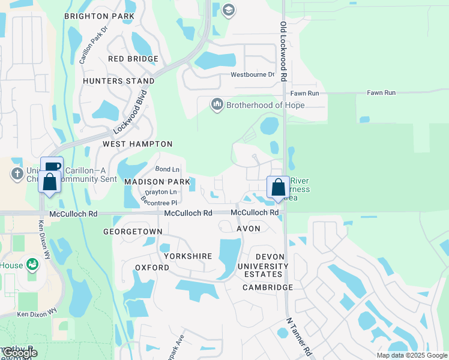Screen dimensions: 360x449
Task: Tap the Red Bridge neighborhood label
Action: (x=133, y=59)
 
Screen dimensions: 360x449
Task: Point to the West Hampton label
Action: (x=137, y=144)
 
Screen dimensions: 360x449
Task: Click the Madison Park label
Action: (x=157, y=181)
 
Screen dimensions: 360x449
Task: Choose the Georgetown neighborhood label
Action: (x=133, y=231)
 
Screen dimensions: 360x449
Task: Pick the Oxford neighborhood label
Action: (x=152, y=267)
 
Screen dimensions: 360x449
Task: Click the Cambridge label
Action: (x=268, y=287)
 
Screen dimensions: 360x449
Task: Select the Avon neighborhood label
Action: (x=249, y=229)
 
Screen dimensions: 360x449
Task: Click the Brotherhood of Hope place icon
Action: (x=216, y=105)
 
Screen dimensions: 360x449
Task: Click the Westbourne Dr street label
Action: (x=253, y=75)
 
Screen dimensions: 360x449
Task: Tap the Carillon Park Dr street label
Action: (x=94, y=45)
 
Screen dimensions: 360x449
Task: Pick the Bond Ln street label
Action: (x=167, y=170)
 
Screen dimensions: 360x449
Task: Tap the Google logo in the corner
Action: (x=19, y=353)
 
